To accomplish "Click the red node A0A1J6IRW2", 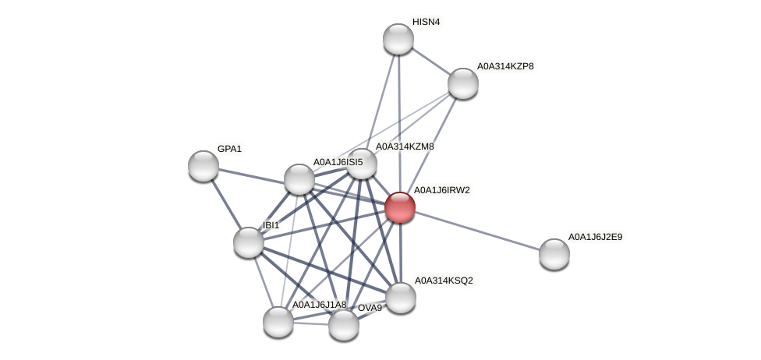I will [x=400, y=207].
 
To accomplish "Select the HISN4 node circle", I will [x=398, y=39].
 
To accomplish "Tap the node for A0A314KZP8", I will [x=463, y=83].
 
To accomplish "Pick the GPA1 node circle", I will [x=204, y=166].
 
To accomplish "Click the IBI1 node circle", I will [x=249, y=242].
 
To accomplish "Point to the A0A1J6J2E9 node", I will [x=554, y=254].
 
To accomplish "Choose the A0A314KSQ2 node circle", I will [x=401, y=298].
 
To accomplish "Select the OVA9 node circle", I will [x=344, y=325].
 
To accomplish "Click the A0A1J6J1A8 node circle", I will [x=278, y=322].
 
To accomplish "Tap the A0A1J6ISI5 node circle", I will [x=299, y=179].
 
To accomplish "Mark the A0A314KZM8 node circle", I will [x=362, y=164].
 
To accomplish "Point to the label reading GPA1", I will [x=229, y=149].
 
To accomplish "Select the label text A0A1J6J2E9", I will [x=595, y=237].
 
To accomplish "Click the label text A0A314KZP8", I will [x=505, y=66].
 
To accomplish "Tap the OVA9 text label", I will [x=370, y=308].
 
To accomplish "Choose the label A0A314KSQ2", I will [x=443, y=281].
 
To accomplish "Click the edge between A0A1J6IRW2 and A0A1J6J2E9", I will [x=477, y=231].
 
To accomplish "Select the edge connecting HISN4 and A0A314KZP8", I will [x=430, y=61].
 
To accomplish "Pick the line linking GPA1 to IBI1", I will [x=226, y=204].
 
